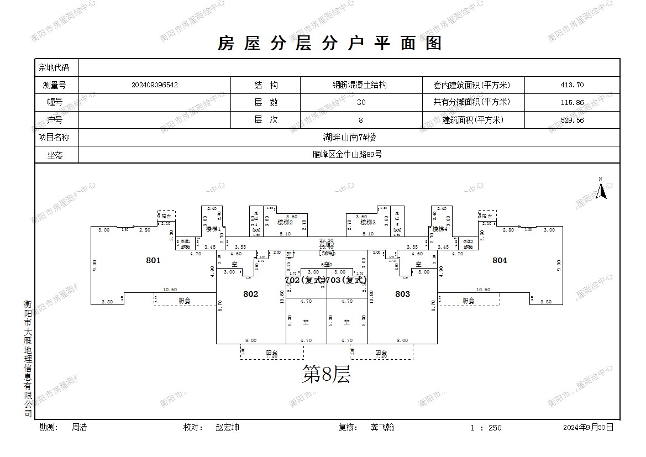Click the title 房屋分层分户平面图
click(330, 43)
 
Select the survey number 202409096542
click(155, 85)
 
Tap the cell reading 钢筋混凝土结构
click(359, 85)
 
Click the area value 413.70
click(572, 85)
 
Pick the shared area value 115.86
click(572, 102)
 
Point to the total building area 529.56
click(572, 120)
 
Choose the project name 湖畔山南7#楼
click(349, 137)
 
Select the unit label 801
click(153, 260)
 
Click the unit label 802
click(250, 294)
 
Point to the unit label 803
click(402, 294)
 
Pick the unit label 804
click(500, 260)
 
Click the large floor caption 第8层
click(326, 375)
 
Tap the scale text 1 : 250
click(486, 428)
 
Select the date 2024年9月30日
click(588, 428)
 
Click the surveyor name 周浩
click(79, 427)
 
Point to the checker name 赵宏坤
click(228, 427)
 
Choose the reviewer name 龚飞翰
click(382, 427)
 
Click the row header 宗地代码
click(54, 68)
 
